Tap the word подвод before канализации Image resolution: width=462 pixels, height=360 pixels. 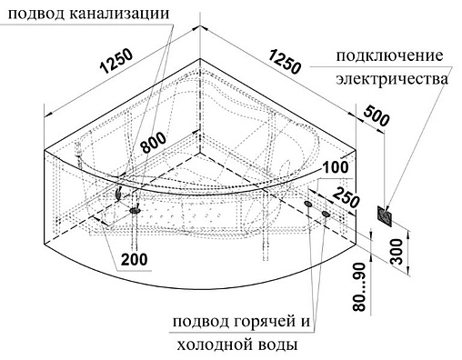coord(35,14)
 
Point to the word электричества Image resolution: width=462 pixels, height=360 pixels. coord(393,80)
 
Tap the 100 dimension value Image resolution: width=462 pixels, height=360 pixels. coord(335,167)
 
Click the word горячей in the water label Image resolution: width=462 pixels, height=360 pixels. coord(262,323)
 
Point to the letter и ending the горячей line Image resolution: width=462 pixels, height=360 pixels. coord(306,324)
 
